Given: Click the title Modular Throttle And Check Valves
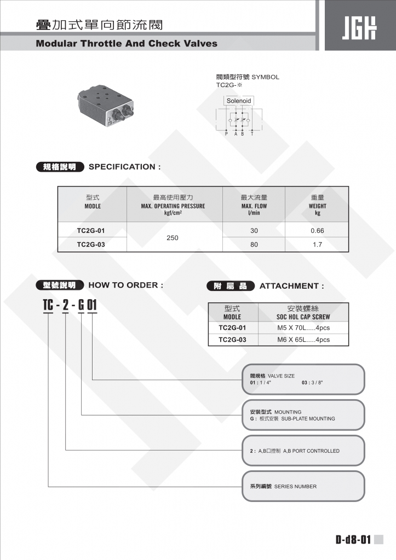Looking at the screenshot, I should click(127, 43).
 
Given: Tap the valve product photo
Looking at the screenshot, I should click(110, 107).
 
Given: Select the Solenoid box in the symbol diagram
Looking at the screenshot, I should click(239, 101).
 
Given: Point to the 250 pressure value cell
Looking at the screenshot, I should click(173, 238).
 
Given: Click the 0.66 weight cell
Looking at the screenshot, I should click(317, 231).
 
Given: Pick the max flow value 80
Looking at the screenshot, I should click(254, 245).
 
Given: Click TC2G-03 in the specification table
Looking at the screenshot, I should click(91, 245).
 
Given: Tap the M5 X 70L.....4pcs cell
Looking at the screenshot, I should click(303, 328).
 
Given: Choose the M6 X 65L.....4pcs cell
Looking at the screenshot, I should click(303, 340).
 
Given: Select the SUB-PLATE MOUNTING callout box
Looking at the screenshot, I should click(303, 415).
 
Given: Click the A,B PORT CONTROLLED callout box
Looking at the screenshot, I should click(303, 451).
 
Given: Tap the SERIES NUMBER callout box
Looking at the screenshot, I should click(303, 486).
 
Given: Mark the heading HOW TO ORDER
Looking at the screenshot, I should click(125, 285).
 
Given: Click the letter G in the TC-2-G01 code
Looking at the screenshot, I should click(81, 304).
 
